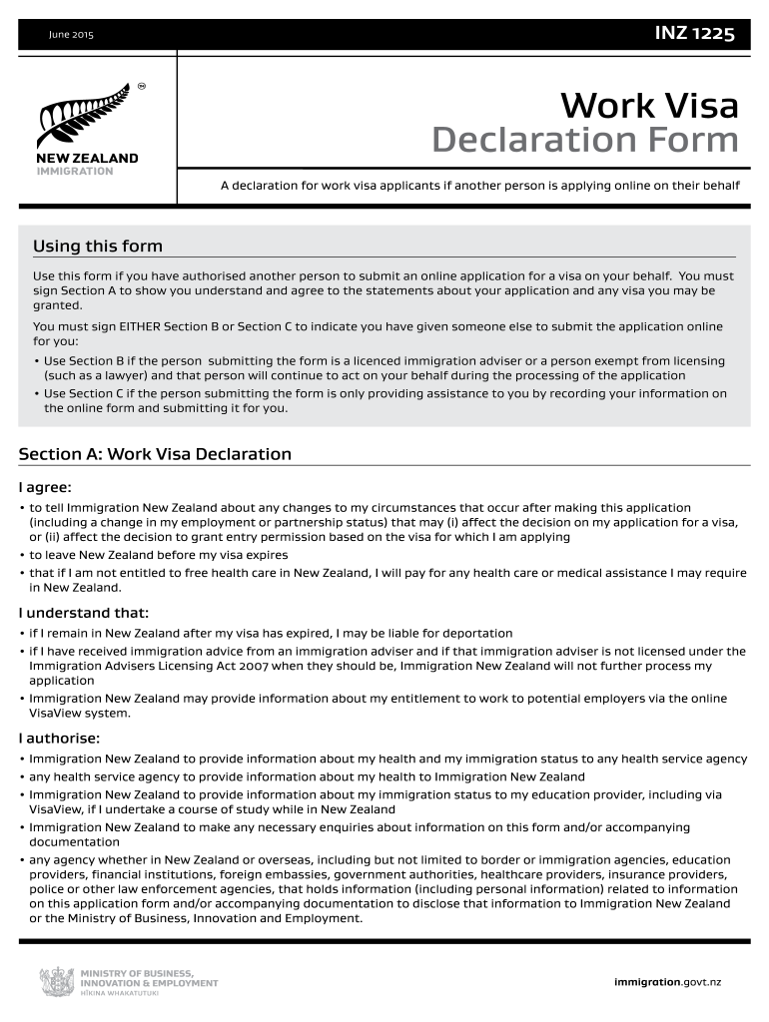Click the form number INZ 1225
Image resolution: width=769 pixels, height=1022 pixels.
[694, 35]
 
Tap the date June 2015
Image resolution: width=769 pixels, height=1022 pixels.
[71, 36]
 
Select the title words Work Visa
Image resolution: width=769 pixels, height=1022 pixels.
[649, 105]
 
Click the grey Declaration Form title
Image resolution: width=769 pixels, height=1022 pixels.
[585, 141]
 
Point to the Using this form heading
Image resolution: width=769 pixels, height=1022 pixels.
[97, 247]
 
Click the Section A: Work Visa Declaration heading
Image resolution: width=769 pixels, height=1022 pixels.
[155, 454]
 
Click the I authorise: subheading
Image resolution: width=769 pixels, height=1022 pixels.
[59, 739]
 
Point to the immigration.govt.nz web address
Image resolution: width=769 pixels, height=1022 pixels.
[667, 982]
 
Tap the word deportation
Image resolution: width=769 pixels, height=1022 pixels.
[473, 634]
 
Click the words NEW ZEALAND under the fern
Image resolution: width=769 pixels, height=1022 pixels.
[88, 158]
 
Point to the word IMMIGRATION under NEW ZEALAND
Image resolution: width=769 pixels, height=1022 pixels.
[75, 171]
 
